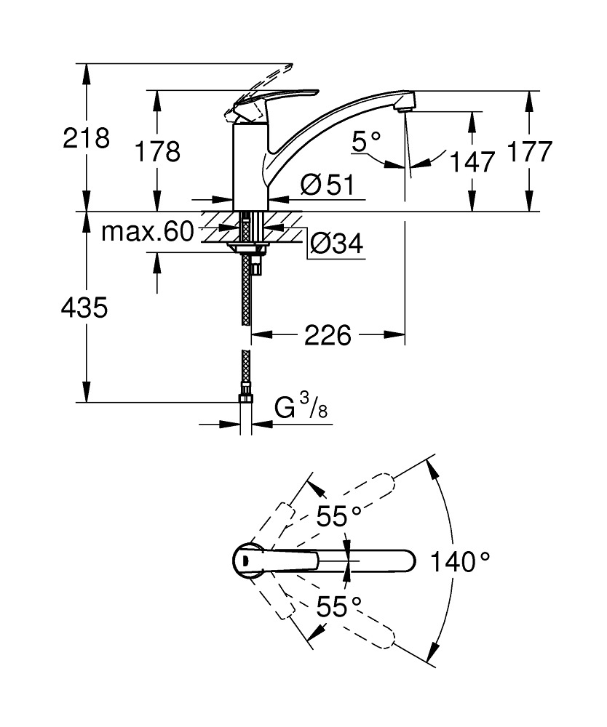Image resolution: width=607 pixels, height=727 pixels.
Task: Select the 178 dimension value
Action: pyautogui.click(x=157, y=151)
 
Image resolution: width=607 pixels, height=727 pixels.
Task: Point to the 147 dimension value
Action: pyautogui.click(x=471, y=161)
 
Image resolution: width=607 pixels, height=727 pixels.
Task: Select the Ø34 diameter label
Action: pyautogui.click(x=336, y=244)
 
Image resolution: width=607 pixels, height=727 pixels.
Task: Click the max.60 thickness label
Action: pyautogui.click(x=148, y=232)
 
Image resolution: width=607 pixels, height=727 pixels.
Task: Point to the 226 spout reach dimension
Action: pyautogui.click(x=328, y=335)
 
